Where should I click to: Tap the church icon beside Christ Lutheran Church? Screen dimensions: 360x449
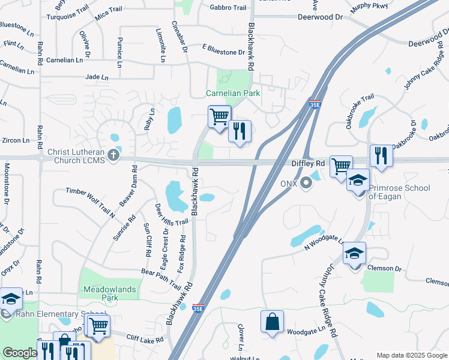click(113, 155)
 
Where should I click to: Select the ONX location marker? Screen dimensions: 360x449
click(306, 182)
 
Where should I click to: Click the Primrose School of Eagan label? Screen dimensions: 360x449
click(399, 192)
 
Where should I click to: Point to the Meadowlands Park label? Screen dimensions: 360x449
click(110, 293)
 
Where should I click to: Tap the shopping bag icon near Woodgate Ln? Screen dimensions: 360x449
click(272, 320)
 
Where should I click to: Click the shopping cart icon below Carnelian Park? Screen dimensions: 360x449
click(219, 116)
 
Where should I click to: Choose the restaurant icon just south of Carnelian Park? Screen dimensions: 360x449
click(240, 131)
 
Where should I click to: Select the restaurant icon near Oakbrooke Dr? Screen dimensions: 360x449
click(381, 156)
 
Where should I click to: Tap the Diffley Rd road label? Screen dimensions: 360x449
click(308, 163)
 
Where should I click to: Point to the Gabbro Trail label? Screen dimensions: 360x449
click(228, 8)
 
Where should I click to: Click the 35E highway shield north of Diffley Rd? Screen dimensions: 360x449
click(315, 104)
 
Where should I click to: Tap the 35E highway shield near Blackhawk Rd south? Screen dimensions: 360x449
click(198, 308)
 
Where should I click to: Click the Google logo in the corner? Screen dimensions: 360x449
click(20, 353)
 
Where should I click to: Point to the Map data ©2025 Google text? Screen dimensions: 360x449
click(411, 355)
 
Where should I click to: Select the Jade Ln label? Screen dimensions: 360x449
click(97, 77)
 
